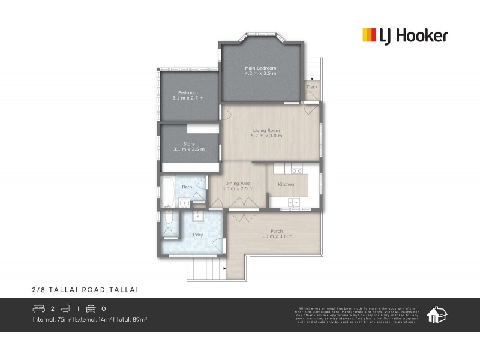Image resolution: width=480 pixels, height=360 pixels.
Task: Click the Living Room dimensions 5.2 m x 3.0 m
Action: point(266,136)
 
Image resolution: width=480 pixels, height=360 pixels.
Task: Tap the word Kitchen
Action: point(286,184)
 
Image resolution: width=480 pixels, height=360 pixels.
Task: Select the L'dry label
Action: point(198,235)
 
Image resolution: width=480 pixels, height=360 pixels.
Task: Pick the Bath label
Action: point(187,187)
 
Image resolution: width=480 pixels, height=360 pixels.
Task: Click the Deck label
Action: point(312,87)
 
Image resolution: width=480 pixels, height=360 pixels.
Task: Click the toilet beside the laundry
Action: point(168,229)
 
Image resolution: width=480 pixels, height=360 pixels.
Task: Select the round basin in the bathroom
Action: point(184,203)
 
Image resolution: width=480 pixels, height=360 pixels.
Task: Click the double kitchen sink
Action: point(293,203)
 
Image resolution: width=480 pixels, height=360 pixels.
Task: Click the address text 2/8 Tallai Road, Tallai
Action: point(85,289)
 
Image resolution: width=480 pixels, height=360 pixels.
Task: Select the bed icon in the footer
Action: point(39,309)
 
